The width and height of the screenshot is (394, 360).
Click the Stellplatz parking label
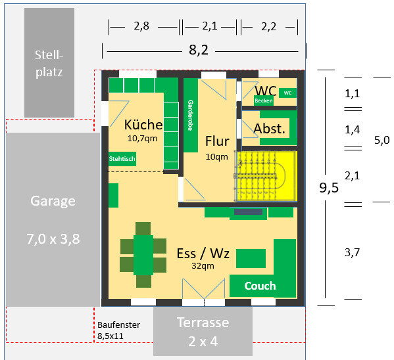(x=49, y=64)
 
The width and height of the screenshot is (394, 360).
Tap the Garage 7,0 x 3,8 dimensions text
(x=53, y=238)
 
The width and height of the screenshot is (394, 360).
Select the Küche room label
(x=143, y=125)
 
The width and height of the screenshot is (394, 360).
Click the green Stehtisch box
(x=122, y=159)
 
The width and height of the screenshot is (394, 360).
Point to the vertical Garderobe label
(x=191, y=115)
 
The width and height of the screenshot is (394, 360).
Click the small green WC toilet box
(x=287, y=93)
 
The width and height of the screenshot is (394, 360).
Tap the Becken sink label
(x=264, y=101)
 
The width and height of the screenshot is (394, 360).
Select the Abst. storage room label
(x=270, y=129)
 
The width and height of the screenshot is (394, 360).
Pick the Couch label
(x=260, y=286)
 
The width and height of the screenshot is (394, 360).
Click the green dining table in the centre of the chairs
(x=143, y=255)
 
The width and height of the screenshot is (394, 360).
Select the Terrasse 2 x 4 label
(x=203, y=332)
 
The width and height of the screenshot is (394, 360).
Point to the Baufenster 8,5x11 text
(x=118, y=330)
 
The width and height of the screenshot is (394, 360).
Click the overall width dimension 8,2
(x=199, y=50)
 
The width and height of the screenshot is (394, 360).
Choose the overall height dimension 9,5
(x=329, y=187)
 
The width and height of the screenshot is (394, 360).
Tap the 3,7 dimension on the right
(x=353, y=252)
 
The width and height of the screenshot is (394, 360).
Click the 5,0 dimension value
(x=382, y=140)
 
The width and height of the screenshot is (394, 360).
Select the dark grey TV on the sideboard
(x=248, y=212)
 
